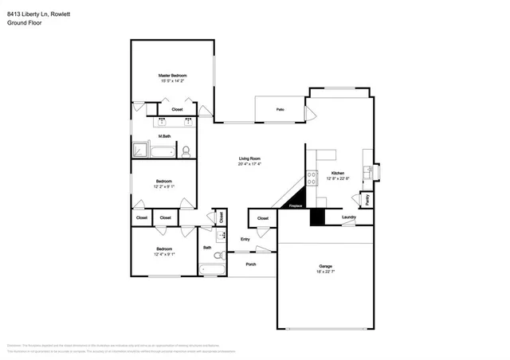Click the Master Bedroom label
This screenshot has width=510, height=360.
173,75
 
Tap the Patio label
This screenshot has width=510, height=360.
280,108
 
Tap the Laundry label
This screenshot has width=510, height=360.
348,217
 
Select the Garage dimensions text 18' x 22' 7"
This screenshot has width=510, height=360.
326,272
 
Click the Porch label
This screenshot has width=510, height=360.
250,264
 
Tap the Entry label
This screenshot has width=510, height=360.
245,239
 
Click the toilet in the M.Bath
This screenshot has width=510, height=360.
185,150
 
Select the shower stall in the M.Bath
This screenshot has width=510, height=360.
141,149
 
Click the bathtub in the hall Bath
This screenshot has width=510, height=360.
213,269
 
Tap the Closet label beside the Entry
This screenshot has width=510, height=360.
263,217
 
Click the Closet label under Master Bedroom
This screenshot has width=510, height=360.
177,109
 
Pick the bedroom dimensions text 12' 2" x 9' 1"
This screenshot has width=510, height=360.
164,186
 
